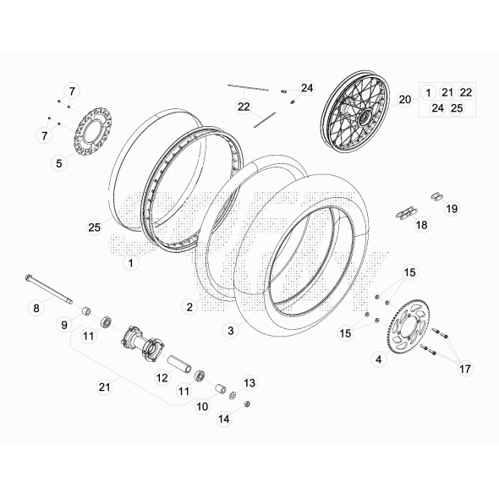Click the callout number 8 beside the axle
pyautogui.click(x=36, y=309)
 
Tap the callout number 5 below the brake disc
pyautogui.click(x=59, y=163)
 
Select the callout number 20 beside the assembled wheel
pyautogui.click(x=404, y=100)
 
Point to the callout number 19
pyautogui.click(x=452, y=208)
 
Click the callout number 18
pyautogui.click(x=420, y=226)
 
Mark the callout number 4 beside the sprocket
pyautogui.click(x=378, y=359)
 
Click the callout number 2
pyautogui.click(x=189, y=305)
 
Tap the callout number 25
pyautogui.click(x=94, y=227)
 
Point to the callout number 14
pyautogui.click(x=223, y=418)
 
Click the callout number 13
pyautogui.click(x=249, y=383)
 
